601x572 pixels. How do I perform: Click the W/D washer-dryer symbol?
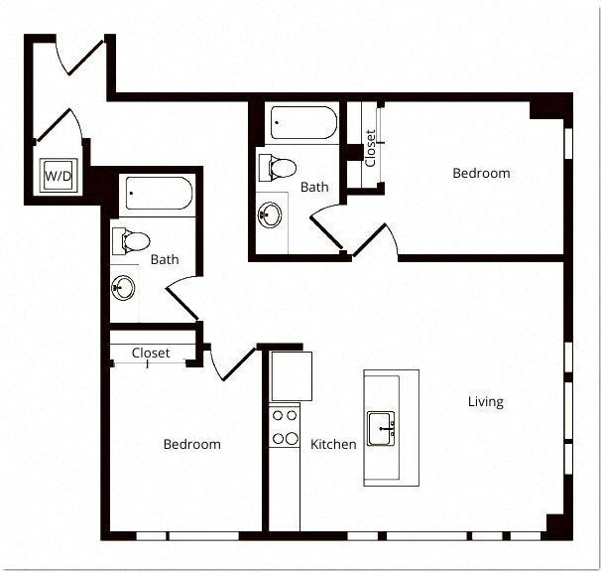pos(57,176)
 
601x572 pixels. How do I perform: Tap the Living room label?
pos(486,402)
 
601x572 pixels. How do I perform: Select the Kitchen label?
pos(333,444)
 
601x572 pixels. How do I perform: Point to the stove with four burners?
pos(286,427)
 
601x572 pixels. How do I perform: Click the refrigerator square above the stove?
pos(292,375)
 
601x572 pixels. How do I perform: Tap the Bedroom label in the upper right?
pos(481,173)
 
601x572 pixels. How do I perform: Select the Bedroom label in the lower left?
pos(191,444)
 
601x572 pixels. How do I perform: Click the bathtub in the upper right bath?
pos(303,124)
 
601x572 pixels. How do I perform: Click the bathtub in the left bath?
pos(157,194)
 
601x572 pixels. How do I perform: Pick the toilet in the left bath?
pos(132,239)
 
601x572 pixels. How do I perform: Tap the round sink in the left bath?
pos(124,289)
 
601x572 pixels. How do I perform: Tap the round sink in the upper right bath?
pos(269,213)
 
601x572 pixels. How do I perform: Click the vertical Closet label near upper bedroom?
pos(370,149)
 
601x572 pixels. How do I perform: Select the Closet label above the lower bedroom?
pos(151,353)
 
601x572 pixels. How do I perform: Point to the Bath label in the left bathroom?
pos(165,260)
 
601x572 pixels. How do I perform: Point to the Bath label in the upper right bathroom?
pos(314,187)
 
